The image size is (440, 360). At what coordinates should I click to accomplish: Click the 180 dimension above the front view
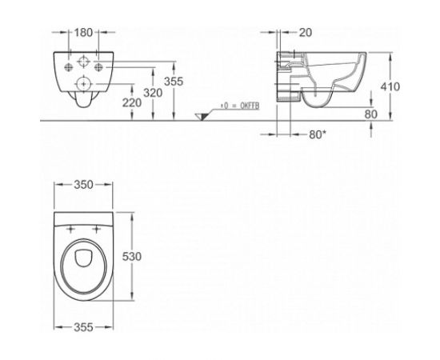(x=82, y=35)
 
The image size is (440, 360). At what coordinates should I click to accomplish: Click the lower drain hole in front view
(x=82, y=83)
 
